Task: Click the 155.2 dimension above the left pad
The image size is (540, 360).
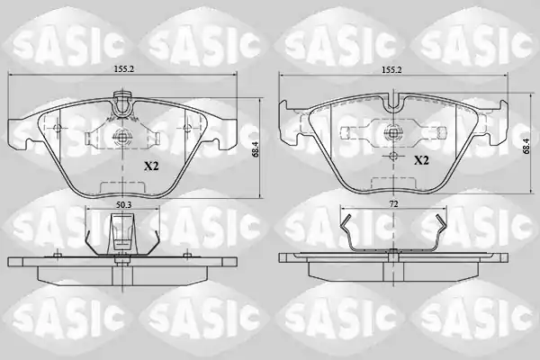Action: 123,69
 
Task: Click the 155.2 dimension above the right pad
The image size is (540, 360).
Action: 391,69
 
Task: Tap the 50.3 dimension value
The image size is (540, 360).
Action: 123,204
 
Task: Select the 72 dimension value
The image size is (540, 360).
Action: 393,204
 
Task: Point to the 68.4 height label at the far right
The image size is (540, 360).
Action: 526,144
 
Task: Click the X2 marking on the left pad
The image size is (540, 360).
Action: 151,166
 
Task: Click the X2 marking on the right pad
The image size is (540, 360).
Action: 421,160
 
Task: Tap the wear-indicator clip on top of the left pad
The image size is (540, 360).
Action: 122,103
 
